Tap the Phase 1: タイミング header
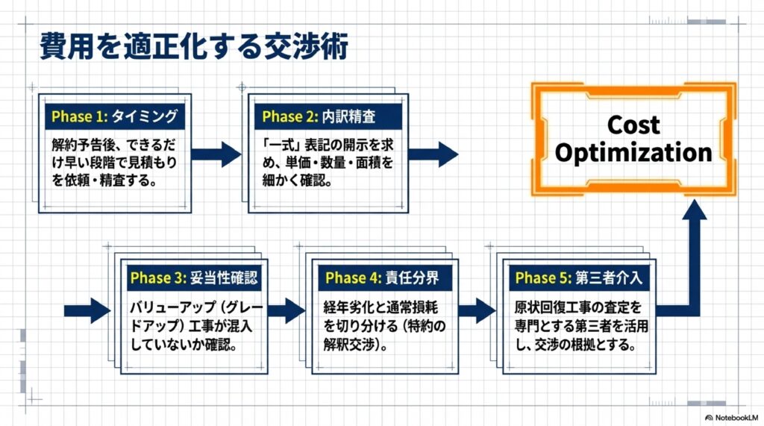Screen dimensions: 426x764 click(113, 116)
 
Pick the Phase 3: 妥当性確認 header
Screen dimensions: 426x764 click(193, 278)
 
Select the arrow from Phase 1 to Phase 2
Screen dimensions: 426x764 click(216, 154)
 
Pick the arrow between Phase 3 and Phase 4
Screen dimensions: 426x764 click(286, 310)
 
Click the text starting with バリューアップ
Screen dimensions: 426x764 click(193, 327)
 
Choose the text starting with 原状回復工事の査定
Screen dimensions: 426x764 click(578, 327)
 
